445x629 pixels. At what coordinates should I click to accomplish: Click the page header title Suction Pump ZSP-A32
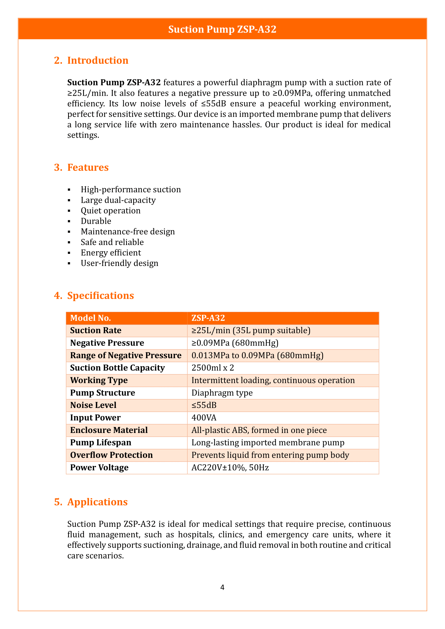(222, 29)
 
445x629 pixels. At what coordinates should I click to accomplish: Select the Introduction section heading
(98, 60)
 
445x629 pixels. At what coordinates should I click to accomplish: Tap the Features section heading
(88, 167)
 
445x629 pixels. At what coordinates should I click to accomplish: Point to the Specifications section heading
(100, 296)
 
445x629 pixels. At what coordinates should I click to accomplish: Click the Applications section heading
(97, 502)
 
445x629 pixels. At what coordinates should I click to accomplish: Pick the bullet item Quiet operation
(110, 211)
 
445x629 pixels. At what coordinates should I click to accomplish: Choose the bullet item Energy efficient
(111, 253)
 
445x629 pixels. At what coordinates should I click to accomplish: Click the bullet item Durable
(96, 221)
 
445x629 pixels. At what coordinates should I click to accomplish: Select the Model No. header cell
(90, 318)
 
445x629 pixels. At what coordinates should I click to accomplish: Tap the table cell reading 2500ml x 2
(213, 368)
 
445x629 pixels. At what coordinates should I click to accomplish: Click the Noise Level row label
(93, 405)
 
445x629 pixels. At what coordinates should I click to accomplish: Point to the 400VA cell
(204, 418)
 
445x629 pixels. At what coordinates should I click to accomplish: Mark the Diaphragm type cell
(222, 393)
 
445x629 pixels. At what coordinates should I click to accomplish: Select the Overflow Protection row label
(111, 455)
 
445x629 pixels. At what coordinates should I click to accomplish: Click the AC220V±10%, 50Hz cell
(230, 467)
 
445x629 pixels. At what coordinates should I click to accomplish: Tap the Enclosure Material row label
(109, 430)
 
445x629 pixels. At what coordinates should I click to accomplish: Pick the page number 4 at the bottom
(222, 587)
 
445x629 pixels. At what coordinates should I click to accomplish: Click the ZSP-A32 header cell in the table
(208, 318)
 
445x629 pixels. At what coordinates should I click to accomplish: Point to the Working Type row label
(99, 380)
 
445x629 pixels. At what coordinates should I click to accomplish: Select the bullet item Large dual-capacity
(118, 200)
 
